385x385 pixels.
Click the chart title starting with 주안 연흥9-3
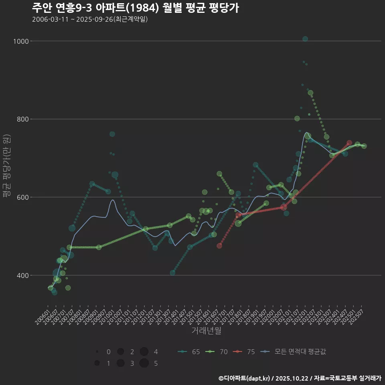(x=136, y=8)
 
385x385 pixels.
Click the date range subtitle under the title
(x=90, y=19)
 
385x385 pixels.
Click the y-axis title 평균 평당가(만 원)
(x=7, y=166)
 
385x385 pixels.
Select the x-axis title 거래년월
(x=206, y=330)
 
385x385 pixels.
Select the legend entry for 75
(x=244, y=352)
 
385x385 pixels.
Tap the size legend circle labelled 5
(x=144, y=363)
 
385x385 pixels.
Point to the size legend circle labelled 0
(x=97, y=352)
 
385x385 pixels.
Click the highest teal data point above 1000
(x=305, y=39)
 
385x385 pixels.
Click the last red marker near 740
(x=349, y=143)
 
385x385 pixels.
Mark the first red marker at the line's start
(x=219, y=246)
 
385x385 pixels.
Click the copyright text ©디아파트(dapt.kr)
(x=245, y=378)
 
